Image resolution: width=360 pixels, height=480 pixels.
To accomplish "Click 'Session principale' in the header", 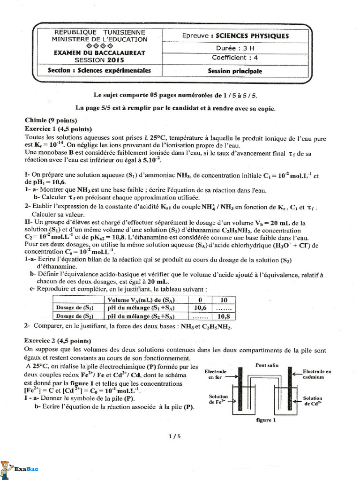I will tap(235, 71).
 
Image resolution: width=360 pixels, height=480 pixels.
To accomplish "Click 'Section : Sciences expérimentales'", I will tap(99, 71).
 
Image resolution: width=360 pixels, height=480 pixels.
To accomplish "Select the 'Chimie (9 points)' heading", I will tap(50, 120).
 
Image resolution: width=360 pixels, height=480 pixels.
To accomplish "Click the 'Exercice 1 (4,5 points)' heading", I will tap(58, 129).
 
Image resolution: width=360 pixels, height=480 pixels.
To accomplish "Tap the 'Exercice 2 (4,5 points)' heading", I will tap(58, 341).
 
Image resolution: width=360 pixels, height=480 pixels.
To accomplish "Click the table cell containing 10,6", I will tap(200, 308).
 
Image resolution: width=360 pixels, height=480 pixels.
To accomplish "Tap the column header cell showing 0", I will tap(200, 300).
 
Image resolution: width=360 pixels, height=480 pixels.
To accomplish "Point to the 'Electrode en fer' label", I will tap(215, 374).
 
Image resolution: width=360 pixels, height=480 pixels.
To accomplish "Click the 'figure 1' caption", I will tap(265, 420).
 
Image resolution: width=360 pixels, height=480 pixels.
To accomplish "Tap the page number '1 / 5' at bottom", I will tap(174, 436).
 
